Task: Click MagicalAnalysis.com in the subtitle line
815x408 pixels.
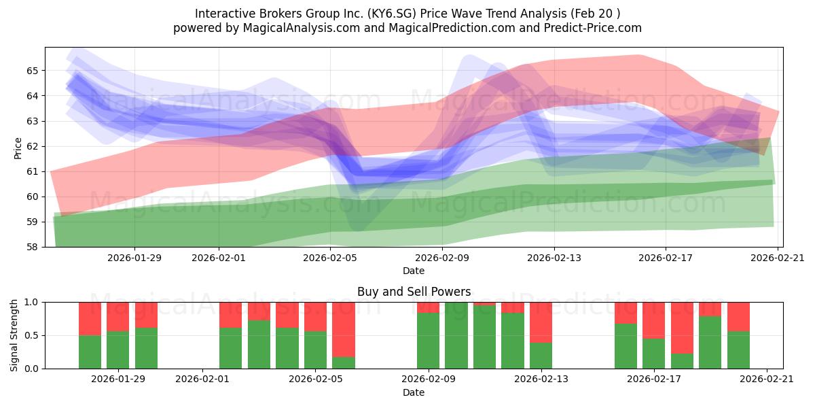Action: coord(302,28)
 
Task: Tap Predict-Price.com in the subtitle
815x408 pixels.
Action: coord(593,28)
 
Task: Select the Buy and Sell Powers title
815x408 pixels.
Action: coord(414,292)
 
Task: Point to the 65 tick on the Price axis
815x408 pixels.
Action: coord(33,71)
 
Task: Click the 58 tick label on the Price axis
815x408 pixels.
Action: coord(33,248)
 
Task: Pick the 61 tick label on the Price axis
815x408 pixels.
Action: coord(33,171)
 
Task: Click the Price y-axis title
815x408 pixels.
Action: coord(18,148)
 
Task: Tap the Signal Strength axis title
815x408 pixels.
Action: coord(14,335)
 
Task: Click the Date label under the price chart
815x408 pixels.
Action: coord(414,271)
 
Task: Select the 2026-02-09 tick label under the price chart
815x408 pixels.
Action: coord(442,258)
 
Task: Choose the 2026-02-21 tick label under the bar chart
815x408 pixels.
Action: coord(767,379)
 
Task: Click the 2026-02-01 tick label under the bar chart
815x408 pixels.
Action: coord(202,379)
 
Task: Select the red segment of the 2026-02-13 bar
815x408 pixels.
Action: coord(541,322)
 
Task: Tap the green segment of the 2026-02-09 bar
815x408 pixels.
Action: coord(428,341)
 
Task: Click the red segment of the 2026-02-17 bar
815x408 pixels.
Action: coord(653,320)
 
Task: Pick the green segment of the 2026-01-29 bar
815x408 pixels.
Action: coord(117,350)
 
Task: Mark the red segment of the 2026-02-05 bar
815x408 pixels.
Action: coord(315,317)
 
